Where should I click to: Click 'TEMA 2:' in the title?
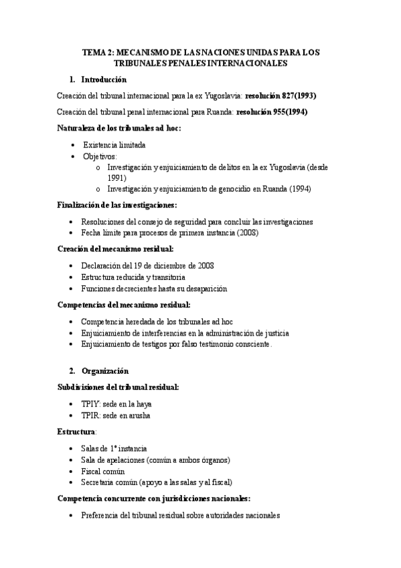pyautogui.click(x=97, y=52)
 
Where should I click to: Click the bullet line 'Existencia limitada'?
pyautogui.click(x=114, y=145)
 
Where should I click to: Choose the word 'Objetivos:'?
pyautogui.click(x=100, y=156)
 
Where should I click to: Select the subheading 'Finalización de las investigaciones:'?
pyautogui.click(x=127, y=206)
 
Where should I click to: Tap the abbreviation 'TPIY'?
pyautogui.click(x=90, y=404)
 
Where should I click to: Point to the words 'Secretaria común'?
pyautogui.click(x=110, y=482)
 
